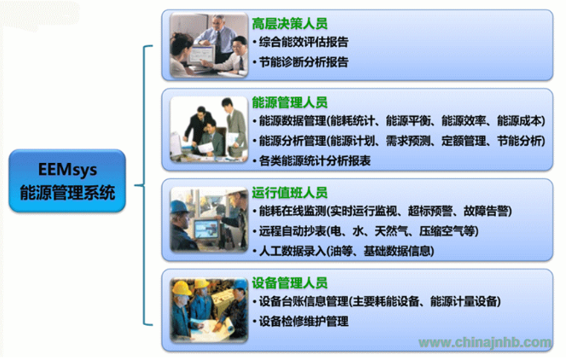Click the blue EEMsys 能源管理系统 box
click(x=67, y=181)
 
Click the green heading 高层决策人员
click(x=290, y=24)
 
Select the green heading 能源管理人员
click(x=290, y=102)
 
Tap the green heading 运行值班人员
click(x=290, y=193)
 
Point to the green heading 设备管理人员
click(x=290, y=282)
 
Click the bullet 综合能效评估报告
click(x=301, y=43)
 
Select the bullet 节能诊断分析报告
click(x=301, y=62)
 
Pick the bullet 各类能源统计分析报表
click(x=312, y=161)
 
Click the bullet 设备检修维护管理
click(x=301, y=321)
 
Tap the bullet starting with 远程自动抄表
click(x=366, y=231)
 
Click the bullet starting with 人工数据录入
click(x=344, y=251)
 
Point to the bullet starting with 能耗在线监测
click(x=382, y=212)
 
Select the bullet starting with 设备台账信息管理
click(x=377, y=301)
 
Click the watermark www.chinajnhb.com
click(x=485, y=342)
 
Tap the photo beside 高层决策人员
click(x=209, y=44)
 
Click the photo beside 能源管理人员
click(x=209, y=129)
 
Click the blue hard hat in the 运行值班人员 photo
click(x=179, y=206)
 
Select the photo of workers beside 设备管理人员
click(x=209, y=310)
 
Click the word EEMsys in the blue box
click(x=67, y=170)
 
